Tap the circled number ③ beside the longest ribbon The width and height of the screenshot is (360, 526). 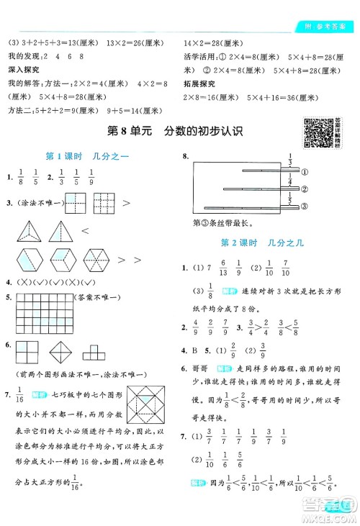pyautogui.click(x=305, y=207)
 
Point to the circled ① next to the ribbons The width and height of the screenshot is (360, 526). pyautogui.click(x=305, y=172)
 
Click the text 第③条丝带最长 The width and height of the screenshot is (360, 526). pyautogui.click(x=221, y=223)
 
